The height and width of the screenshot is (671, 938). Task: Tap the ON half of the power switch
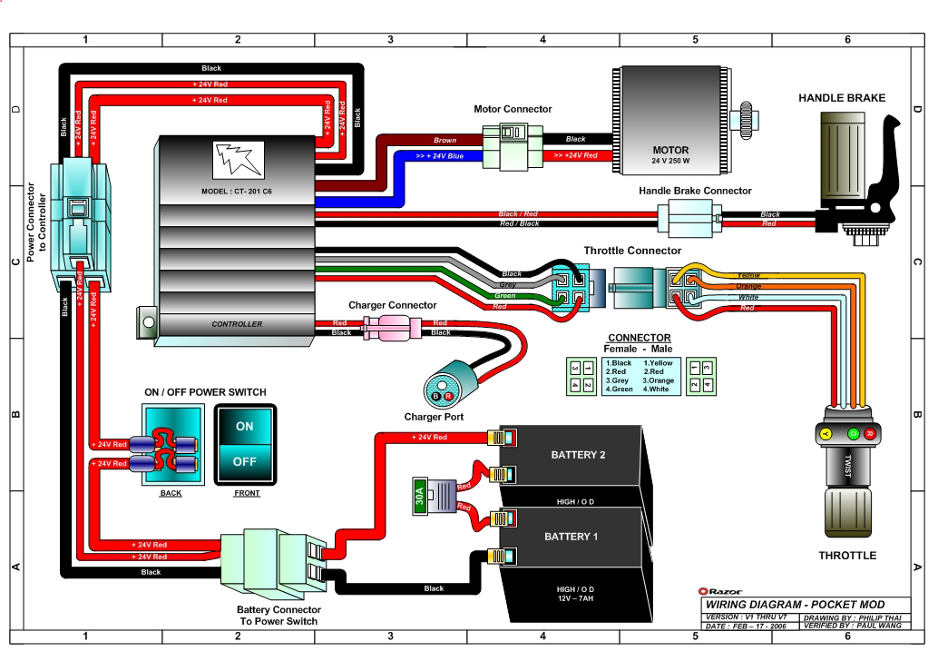(245, 426)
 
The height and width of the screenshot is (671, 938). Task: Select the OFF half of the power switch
(245, 462)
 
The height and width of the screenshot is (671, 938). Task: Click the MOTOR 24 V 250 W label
(670, 154)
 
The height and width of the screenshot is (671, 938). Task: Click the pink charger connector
(392, 328)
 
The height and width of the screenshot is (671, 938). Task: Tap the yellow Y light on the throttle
(826, 434)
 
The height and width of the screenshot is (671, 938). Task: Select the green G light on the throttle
(854, 434)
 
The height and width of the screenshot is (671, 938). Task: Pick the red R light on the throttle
(870, 434)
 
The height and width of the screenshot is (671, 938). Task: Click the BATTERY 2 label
(578, 455)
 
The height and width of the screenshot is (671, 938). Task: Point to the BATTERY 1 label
(571, 537)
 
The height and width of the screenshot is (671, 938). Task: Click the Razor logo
(720, 591)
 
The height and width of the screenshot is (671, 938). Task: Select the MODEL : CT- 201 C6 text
(236, 192)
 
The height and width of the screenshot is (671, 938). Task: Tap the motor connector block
(513, 147)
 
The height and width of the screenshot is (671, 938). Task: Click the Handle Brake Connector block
(689, 219)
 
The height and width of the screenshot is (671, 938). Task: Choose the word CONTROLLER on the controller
(237, 324)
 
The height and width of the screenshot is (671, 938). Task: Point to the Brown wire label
(445, 140)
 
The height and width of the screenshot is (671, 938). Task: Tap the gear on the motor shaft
(746, 120)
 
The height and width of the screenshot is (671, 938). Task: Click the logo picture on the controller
(238, 161)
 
